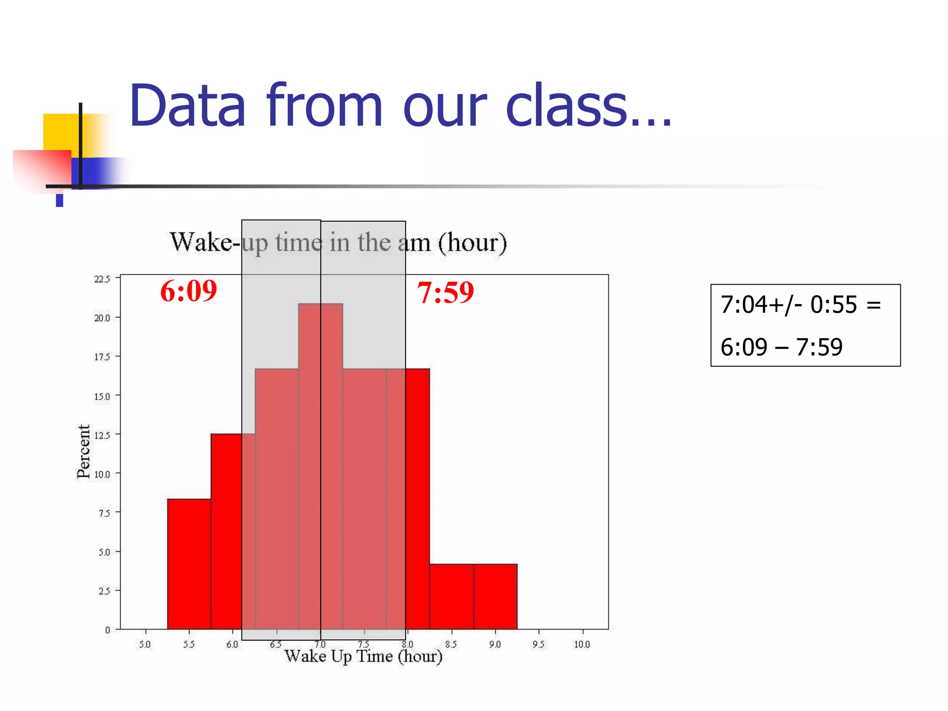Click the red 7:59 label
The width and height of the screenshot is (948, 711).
pos(445,293)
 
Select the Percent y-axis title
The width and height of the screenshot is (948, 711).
pos(83,451)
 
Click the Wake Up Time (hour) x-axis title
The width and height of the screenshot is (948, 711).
pos(363,656)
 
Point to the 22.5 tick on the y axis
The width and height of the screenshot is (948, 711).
pos(102,279)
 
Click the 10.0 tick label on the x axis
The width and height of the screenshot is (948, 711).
pos(582,644)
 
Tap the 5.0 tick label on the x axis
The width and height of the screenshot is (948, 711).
pos(145,644)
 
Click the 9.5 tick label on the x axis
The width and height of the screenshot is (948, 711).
pos(538,644)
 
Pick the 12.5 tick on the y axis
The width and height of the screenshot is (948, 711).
pos(102,435)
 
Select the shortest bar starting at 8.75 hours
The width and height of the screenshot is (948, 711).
pos(495,597)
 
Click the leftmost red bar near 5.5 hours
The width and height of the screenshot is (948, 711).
pos(189,565)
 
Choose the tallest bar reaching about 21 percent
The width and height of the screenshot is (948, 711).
pos(320,463)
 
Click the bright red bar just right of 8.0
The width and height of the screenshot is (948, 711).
pos(418,500)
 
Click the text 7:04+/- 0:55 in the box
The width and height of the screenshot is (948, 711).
pos(789,305)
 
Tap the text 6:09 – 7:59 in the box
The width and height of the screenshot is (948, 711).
pos(781,347)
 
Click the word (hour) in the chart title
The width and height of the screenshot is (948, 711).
pos(472,243)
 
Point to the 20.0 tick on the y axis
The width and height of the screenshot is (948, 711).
pos(102,318)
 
